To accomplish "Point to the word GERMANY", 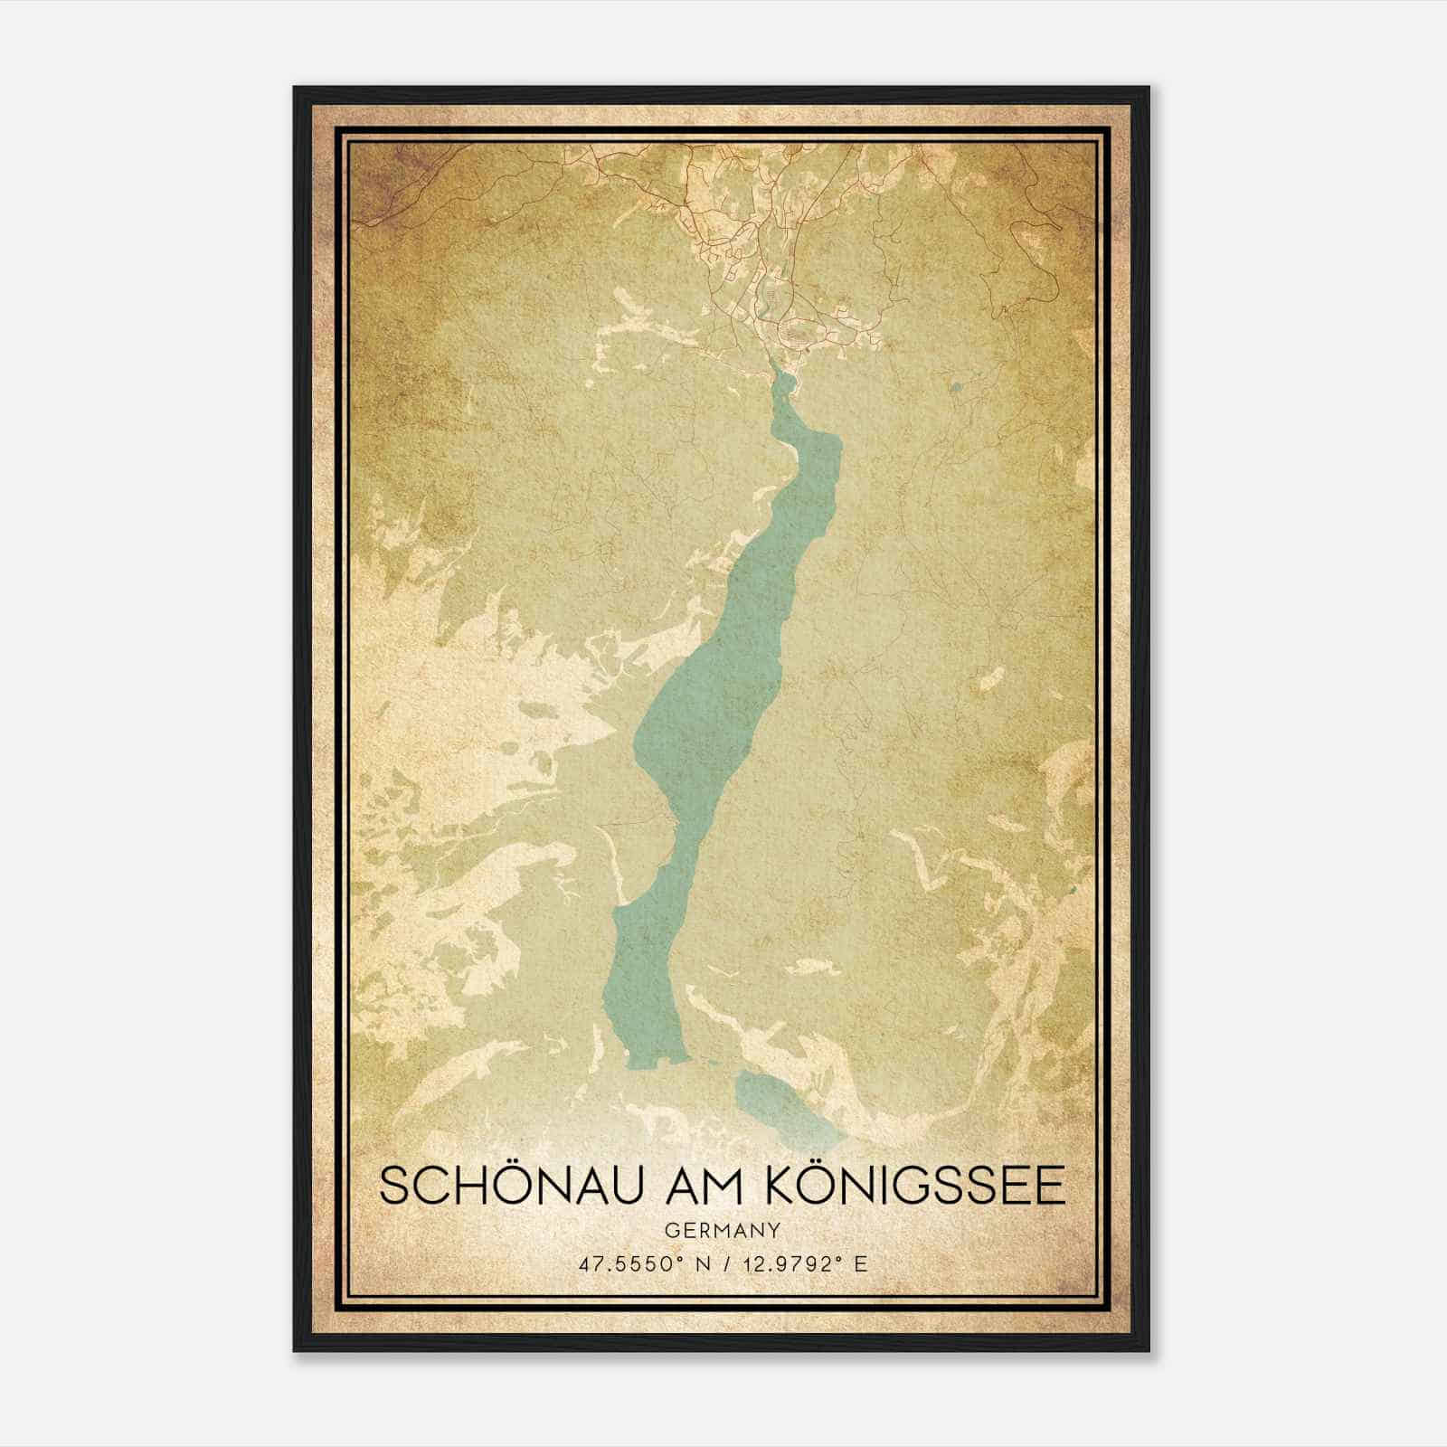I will click(723, 1231).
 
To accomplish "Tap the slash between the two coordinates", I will click(723, 1263).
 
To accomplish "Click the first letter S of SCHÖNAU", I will click(395, 1187).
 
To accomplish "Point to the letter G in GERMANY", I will click(671, 1231).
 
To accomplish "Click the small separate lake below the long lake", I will click(784, 1104).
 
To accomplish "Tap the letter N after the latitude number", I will click(696, 1263).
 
